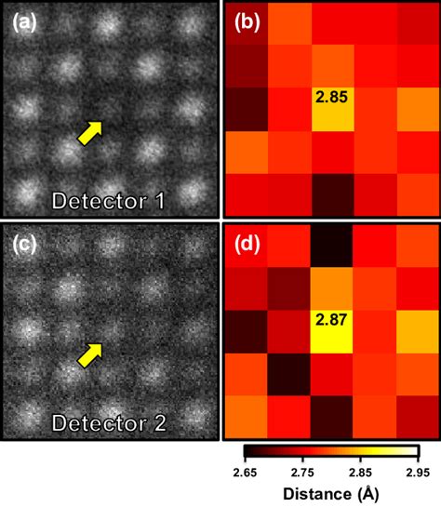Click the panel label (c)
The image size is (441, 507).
[x=25, y=245]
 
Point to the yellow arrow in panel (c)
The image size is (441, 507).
[x=89, y=354]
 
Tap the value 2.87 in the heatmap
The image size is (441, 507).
[x=332, y=321]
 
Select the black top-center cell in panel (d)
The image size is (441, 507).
[x=332, y=244]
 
